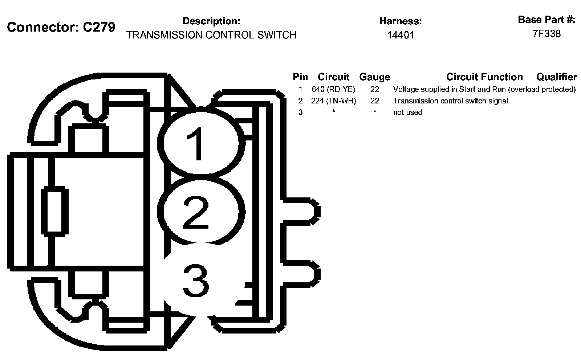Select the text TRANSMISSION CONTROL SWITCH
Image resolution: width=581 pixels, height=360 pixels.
click(x=211, y=35)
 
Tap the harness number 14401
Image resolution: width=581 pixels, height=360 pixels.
click(x=401, y=35)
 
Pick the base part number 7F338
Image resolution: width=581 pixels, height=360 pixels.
click(x=547, y=34)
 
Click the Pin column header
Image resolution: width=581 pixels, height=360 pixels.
click(x=300, y=77)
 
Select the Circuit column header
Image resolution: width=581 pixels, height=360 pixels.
click(x=333, y=77)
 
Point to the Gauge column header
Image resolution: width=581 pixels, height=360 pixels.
click(x=374, y=77)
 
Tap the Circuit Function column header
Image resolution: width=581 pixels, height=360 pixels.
click(x=484, y=77)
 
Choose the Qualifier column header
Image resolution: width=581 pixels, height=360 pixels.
click(x=556, y=77)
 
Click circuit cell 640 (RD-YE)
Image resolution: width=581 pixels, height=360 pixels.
click(x=333, y=89)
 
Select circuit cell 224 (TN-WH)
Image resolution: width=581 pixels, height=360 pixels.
click(x=333, y=101)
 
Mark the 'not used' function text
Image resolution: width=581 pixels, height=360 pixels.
click(x=407, y=112)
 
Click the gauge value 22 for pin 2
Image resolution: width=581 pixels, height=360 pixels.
click(x=374, y=101)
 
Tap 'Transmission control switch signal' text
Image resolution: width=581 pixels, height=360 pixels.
click(x=450, y=101)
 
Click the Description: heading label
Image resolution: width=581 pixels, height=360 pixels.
click(x=211, y=21)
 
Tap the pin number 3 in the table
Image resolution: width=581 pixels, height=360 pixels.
click(x=300, y=112)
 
